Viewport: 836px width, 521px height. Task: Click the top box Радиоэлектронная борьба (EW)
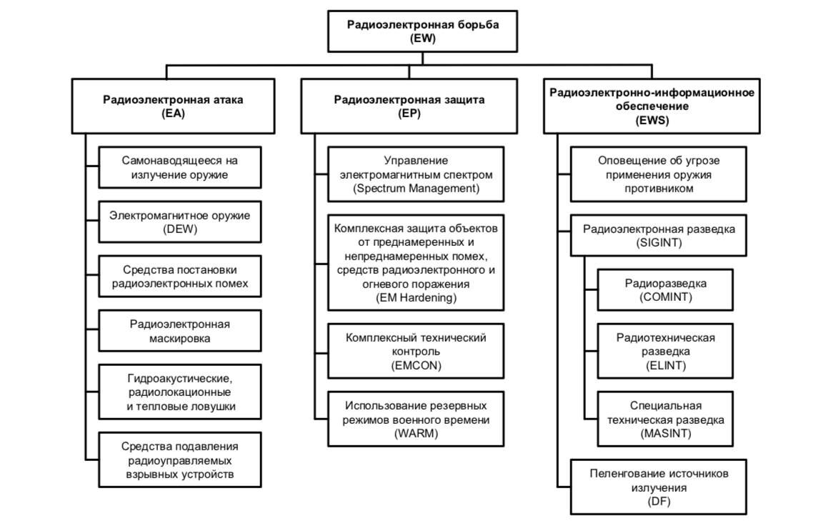click(x=422, y=31)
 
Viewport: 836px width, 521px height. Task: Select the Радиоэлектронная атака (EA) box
click(x=174, y=106)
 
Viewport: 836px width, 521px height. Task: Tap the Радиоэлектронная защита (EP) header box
click(x=409, y=106)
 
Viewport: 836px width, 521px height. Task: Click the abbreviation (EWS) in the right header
click(x=652, y=120)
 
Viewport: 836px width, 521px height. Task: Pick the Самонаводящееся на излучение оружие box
click(x=179, y=167)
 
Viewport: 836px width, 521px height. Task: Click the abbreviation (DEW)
click(x=179, y=229)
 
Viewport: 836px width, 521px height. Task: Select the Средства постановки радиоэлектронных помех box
click(x=179, y=277)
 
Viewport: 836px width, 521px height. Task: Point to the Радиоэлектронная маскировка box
click(x=179, y=331)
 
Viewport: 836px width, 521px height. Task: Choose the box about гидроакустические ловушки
click(x=179, y=392)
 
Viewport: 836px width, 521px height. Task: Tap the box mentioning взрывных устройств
click(x=179, y=460)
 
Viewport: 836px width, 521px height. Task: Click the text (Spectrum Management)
click(x=416, y=188)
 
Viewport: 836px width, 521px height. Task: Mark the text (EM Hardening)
click(x=416, y=297)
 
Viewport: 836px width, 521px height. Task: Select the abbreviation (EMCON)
click(x=416, y=365)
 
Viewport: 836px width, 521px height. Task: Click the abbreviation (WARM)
click(x=416, y=433)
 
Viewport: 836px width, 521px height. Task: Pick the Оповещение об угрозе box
click(x=659, y=174)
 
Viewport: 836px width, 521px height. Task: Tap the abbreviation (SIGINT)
click(x=659, y=243)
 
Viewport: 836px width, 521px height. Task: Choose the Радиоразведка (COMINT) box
click(x=665, y=290)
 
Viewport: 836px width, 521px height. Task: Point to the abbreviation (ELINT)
click(x=665, y=365)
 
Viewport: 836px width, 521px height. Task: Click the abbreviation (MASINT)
click(x=665, y=433)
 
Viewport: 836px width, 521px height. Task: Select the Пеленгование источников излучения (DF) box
click(x=659, y=487)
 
